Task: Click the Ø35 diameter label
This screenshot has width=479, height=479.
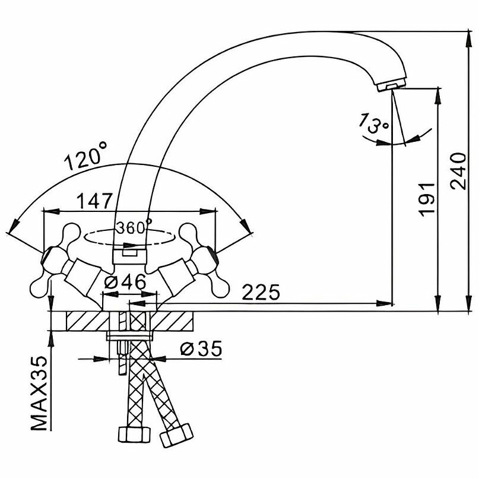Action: (200, 349)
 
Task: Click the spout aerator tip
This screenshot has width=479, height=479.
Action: (389, 87)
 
